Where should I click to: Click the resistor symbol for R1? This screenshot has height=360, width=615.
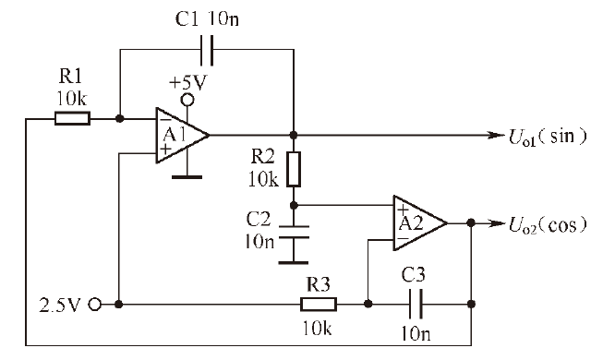72,118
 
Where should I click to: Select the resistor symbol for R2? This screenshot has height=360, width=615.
294,169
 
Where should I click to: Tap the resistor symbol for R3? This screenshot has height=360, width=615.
319,304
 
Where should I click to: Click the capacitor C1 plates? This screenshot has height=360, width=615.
207,50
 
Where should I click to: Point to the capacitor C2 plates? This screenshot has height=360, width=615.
294,232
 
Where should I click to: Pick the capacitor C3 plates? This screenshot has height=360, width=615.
416,304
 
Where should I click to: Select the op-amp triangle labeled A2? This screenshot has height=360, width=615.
420,222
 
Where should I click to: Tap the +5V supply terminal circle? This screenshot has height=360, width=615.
187,100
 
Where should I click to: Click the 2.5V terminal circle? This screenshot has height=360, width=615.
95,304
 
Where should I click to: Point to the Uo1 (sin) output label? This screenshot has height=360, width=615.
548,137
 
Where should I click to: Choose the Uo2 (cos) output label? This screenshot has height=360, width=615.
548,225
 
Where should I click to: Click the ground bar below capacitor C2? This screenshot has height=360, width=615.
294,262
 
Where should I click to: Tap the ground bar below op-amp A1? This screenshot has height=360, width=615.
187,177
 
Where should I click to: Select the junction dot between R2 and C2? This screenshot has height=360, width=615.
294,205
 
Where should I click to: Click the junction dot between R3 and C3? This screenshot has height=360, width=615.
368,304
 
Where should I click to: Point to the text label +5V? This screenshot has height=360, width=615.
187,83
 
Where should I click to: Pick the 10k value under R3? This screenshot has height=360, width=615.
317,328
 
